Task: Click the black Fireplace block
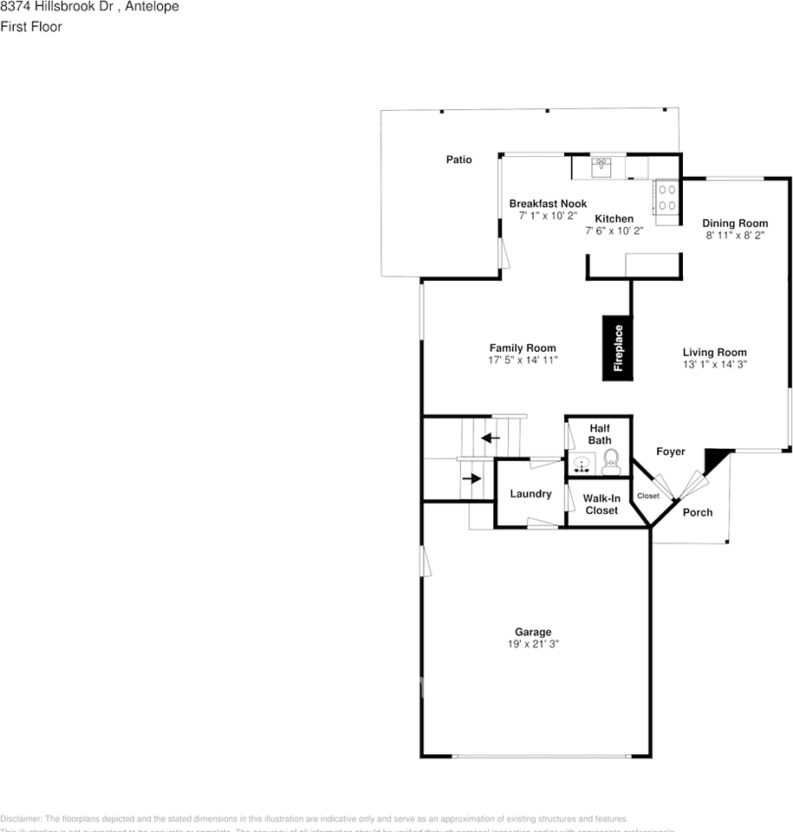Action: (x=618, y=348)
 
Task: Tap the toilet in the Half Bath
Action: (x=611, y=460)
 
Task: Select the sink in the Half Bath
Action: (x=582, y=464)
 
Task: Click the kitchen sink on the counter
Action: (x=601, y=165)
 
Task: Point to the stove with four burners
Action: (x=666, y=197)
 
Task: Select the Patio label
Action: (x=458, y=159)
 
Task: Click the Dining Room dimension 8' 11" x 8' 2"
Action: (x=735, y=235)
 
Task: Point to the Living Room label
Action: (x=714, y=352)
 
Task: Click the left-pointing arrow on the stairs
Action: (x=491, y=438)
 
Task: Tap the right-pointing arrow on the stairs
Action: (x=471, y=478)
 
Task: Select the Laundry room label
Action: (x=530, y=494)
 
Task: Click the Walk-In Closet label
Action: (x=601, y=504)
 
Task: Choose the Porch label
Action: (x=697, y=512)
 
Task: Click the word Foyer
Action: (x=670, y=452)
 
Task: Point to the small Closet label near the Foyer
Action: (x=647, y=497)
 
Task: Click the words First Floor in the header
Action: (x=30, y=26)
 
